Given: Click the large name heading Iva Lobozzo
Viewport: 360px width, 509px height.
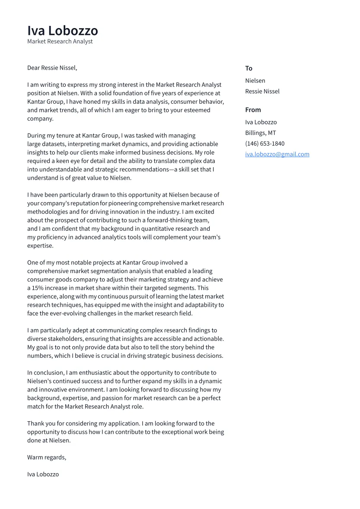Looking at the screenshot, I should (63, 31).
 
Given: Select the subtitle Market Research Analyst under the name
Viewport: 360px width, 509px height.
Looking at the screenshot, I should (60, 41).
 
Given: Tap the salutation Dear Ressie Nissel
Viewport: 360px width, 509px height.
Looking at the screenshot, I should (52, 68).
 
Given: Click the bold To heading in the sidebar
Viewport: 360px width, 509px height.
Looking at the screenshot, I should (248, 68).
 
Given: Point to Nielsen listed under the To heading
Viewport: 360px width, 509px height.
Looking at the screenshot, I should (255, 81).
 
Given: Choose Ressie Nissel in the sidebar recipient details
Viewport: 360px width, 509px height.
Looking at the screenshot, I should (262, 91).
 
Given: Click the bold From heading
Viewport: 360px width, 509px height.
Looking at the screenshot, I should (253, 110).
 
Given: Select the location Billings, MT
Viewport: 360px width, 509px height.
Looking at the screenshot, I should (261, 133).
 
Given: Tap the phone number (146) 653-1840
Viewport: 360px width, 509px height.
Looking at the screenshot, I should (265, 143).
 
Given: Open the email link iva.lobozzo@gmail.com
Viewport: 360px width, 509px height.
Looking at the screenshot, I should (277, 154).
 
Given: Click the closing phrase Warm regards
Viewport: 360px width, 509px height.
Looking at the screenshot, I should (46, 457).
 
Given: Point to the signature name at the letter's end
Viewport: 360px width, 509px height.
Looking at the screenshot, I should (43, 474).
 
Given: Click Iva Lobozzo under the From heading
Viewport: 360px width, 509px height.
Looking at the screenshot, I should (261, 122).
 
